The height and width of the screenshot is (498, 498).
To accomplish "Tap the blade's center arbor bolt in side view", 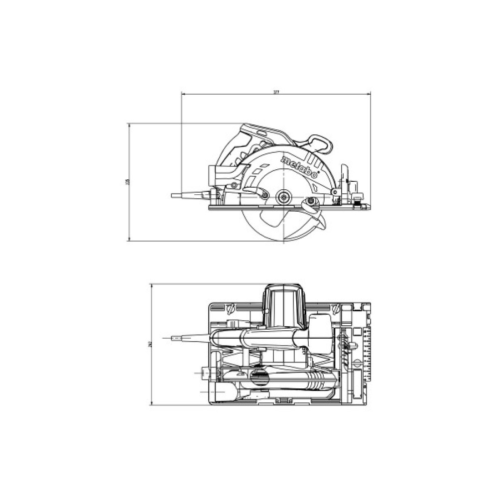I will [285, 196].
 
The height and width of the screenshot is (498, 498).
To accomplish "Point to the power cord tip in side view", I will [174, 196].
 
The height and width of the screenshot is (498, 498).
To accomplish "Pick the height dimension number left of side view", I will [127, 182].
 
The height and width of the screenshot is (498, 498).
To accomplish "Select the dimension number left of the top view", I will [149, 344].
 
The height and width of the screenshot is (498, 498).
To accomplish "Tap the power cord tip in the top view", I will [174, 340].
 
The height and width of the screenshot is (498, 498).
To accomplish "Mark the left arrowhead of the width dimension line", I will [183, 93].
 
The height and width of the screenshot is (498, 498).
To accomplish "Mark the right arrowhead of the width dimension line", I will [370, 93].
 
